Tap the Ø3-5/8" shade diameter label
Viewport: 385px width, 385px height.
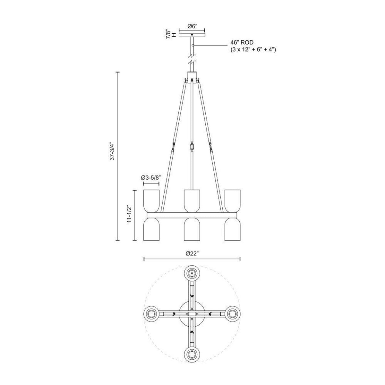(x=151, y=177)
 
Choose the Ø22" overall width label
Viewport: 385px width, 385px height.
(x=192, y=253)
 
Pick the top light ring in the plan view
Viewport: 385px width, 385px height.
(x=192, y=273)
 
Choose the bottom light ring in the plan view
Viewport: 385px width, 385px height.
(x=192, y=353)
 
